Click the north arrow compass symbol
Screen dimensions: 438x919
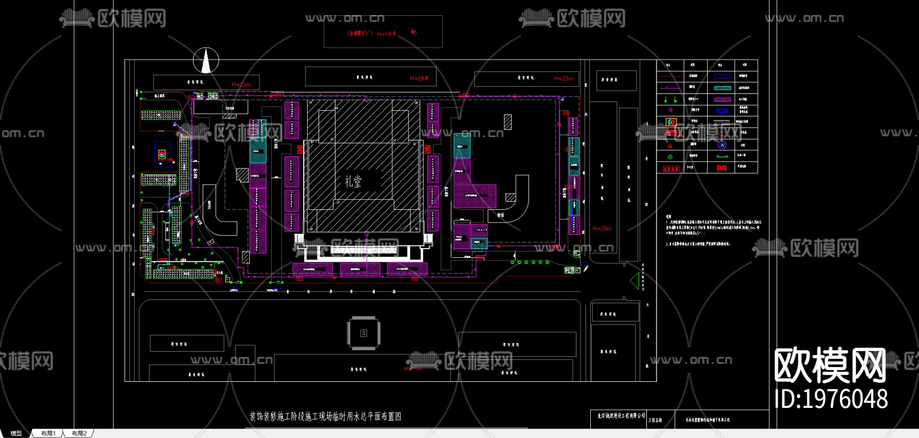(206, 60)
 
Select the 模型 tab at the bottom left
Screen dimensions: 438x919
(16, 433)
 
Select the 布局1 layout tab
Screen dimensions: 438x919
(48, 433)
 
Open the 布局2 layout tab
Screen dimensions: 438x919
(79, 433)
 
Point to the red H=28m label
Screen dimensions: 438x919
(602, 229)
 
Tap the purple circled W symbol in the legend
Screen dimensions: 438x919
(722, 145)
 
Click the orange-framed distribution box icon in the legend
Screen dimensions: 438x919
(671, 122)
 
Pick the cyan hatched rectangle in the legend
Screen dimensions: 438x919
(722, 88)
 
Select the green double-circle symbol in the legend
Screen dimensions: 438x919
(670, 157)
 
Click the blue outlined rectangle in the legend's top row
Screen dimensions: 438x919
(722, 76)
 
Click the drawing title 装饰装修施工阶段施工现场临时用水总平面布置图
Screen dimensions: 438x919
(325, 417)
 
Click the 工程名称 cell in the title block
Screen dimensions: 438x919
(655, 420)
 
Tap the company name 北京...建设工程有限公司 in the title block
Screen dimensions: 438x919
(621, 416)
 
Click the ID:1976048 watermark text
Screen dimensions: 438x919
(831, 399)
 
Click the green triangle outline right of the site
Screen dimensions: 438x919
(635, 280)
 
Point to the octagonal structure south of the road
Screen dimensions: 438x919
(364, 333)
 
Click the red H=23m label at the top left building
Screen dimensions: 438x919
(241, 85)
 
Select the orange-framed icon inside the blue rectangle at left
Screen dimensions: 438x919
(162, 153)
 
